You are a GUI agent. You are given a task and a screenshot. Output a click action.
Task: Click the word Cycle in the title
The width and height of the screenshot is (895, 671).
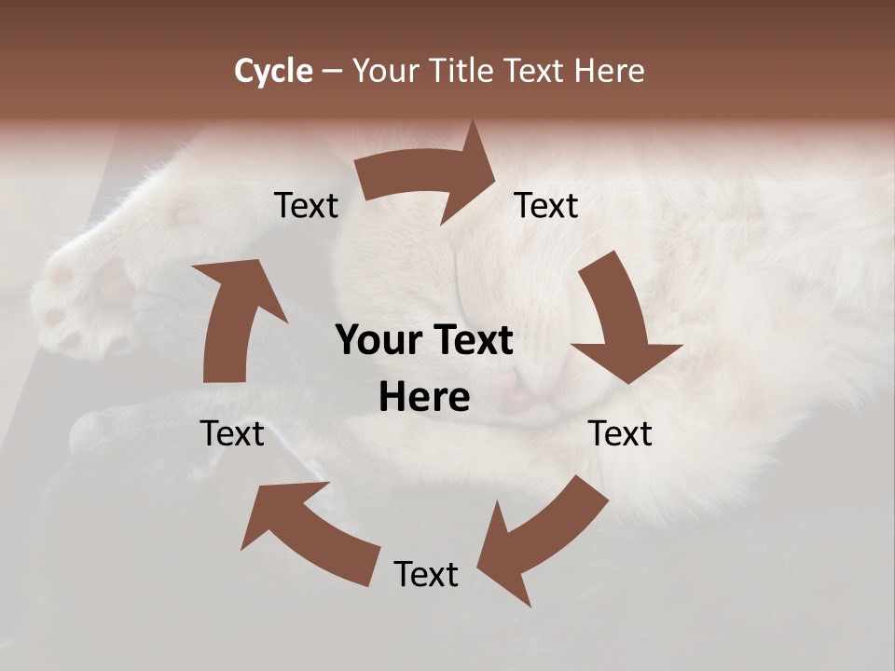click(x=273, y=71)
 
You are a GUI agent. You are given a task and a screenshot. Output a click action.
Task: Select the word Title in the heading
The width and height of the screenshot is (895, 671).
click(x=462, y=71)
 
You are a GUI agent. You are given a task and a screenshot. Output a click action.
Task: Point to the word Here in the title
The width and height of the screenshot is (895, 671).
click(x=608, y=71)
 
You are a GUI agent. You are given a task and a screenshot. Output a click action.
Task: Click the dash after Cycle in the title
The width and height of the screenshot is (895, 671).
click(x=332, y=72)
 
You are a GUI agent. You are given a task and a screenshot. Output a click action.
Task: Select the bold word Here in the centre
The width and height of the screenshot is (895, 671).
click(x=424, y=398)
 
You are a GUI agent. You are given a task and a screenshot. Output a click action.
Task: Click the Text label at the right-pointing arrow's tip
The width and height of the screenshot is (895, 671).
click(x=546, y=205)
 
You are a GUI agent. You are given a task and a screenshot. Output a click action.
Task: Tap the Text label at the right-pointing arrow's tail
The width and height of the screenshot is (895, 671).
click(x=306, y=205)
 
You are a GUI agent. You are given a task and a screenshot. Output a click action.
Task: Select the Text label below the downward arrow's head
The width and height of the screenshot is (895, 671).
click(x=620, y=433)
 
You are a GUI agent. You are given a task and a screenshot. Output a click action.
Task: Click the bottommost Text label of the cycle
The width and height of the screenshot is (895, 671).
click(x=426, y=574)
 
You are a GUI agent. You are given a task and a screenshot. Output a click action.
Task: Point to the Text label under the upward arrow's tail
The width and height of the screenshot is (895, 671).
click(x=232, y=433)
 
